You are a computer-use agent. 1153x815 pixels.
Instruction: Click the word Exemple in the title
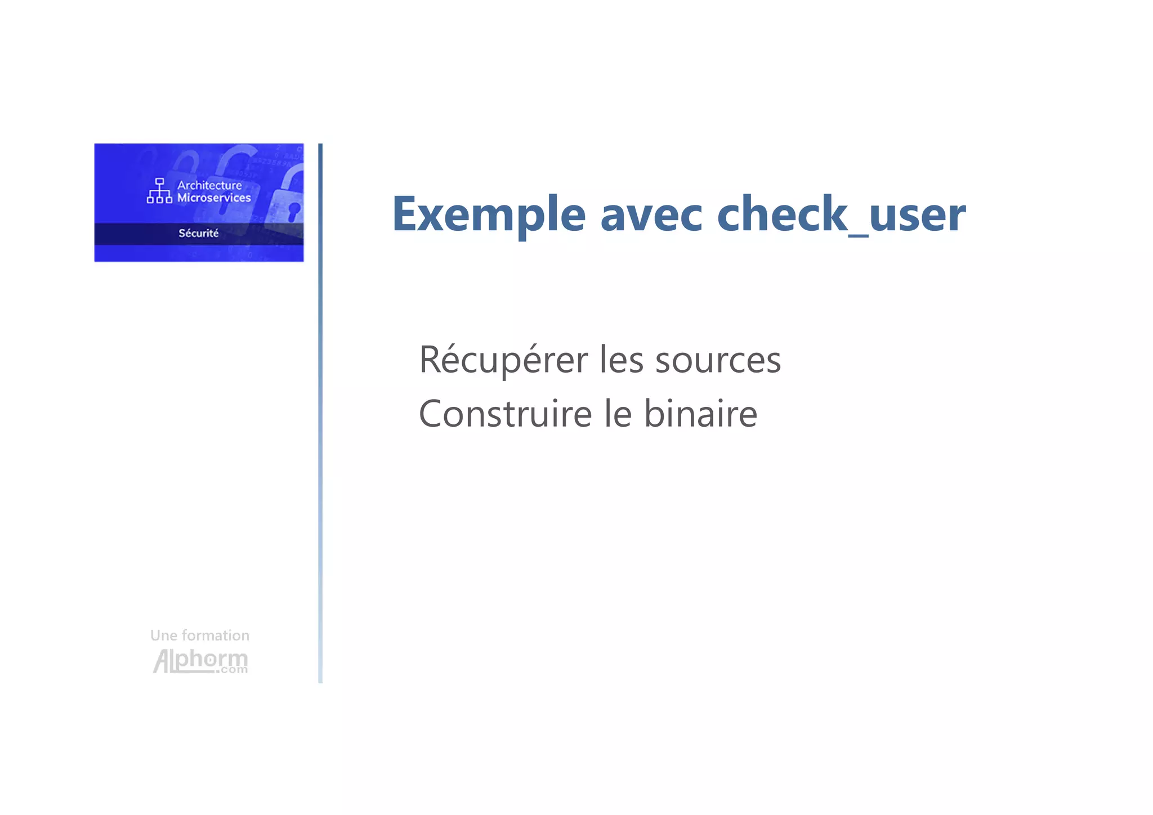pyautogui.click(x=489, y=214)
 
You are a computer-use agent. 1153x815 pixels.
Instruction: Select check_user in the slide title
pyautogui.click(x=841, y=214)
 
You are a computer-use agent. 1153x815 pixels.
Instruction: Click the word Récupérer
pyautogui.click(x=503, y=360)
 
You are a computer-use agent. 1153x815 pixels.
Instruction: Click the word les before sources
pyautogui.click(x=622, y=360)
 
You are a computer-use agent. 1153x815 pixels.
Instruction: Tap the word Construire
pyautogui.click(x=505, y=414)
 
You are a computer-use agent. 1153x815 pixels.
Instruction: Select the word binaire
pyautogui.click(x=700, y=414)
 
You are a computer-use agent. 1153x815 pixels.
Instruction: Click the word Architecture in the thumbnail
pyautogui.click(x=209, y=185)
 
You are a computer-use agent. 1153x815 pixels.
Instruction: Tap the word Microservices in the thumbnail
pyautogui.click(x=214, y=198)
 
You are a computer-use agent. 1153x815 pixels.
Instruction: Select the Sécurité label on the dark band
pyautogui.click(x=199, y=233)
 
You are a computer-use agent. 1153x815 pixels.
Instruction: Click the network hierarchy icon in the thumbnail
pyautogui.click(x=159, y=191)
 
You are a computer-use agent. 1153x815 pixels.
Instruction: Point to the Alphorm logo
pyautogui.click(x=200, y=661)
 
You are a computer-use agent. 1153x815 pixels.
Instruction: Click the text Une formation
pyautogui.click(x=200, y=635)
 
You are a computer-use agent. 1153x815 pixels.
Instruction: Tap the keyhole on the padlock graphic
pyautogui.click(x=293, y=212)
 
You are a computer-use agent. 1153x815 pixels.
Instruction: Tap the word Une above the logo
pyautogui.click(x=163, y=635)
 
